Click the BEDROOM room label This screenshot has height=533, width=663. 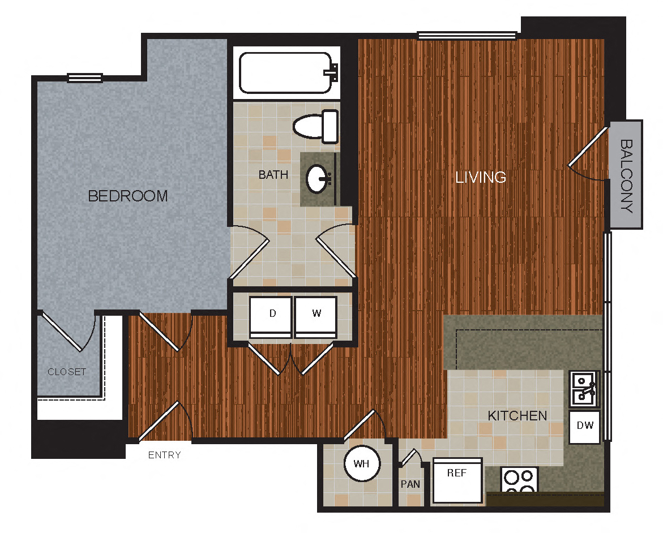pos(128,196)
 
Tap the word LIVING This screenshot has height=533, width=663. pos(481,177)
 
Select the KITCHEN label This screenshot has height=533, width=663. pos(517,416)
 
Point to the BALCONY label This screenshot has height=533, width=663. pos(626,175)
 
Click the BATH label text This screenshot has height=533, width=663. pos(273,175)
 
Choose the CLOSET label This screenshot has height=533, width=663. pos(67,372)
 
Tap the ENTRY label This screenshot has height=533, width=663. pos(164,455)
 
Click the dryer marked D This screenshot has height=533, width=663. pos(271,317)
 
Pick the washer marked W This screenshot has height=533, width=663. pos(316,317)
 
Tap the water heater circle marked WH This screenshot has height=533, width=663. pos(362,464)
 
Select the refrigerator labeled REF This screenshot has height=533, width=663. pos(457,480)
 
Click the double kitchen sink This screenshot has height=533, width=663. pos(583,389)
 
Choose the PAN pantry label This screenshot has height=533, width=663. pos(410,484)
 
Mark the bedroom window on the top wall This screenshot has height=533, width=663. pos(85,78)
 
